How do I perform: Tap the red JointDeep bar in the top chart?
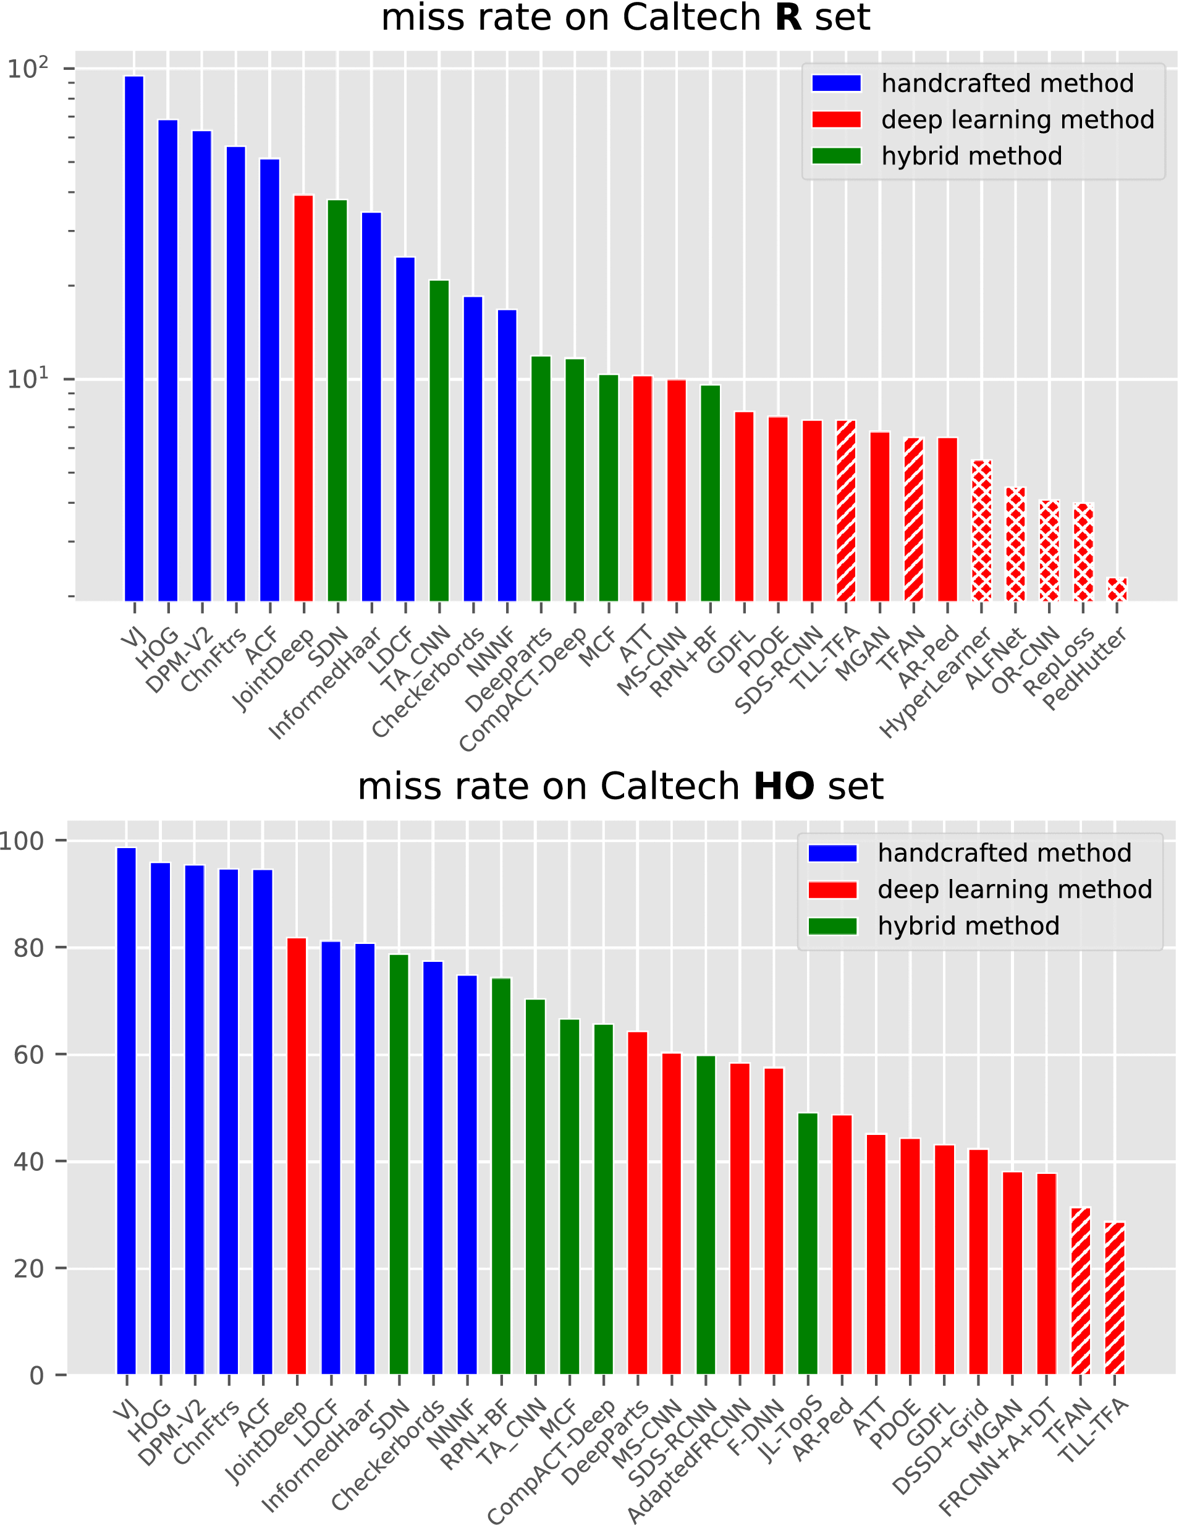click(303, 398)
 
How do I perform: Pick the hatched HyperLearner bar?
click(981, 530)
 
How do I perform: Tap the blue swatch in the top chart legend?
click(836, 83)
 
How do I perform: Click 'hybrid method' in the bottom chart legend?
click(968, 926)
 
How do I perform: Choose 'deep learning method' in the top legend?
click(1017, 119)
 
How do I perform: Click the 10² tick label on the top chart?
click(28, 69)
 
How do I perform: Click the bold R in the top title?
click(788, 17)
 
